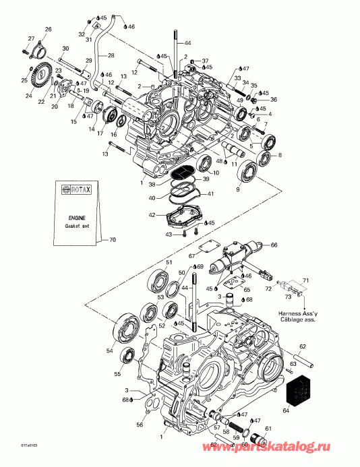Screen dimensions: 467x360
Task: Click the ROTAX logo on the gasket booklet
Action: coord(76,191)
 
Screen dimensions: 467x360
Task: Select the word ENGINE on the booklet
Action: coord(75,219)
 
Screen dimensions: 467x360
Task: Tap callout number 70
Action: coord(112,240)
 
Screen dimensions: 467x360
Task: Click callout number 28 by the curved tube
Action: coord(111,55)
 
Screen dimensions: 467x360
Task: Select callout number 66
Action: coord(274,245)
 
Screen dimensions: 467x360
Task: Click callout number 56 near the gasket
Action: coord(140,425)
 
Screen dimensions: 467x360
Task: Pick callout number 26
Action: coord(48,29)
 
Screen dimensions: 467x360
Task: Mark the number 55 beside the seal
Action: coord(118,374)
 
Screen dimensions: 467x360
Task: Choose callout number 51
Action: coord(170,262)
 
